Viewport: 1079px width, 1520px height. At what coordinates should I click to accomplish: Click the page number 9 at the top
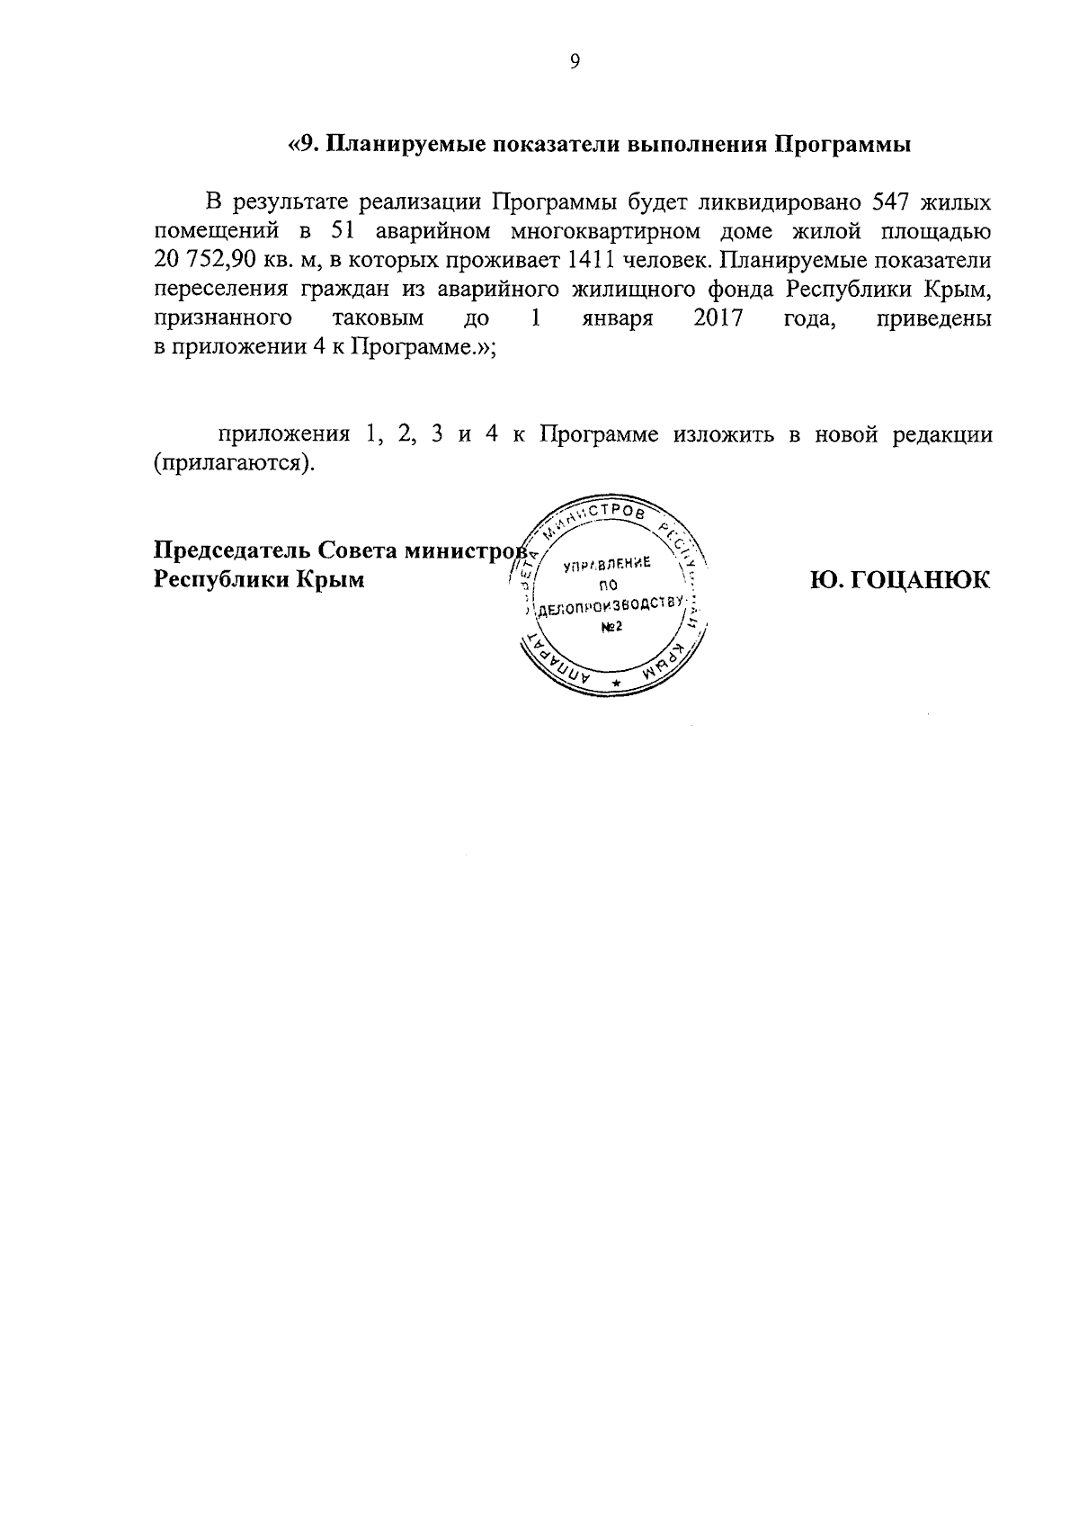[575, 61]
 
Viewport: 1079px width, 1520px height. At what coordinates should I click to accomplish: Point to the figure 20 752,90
[214, 261]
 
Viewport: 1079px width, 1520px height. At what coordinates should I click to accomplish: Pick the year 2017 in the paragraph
[718, 319]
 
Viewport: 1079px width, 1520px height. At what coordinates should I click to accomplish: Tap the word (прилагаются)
[236, 465]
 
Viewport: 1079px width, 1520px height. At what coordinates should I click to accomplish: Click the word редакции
[942, 435]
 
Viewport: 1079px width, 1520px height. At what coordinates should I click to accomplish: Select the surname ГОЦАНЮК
[900, 580]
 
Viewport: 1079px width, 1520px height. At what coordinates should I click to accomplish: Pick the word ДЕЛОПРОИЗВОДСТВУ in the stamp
[611, 606]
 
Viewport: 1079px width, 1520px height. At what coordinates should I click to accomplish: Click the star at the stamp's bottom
[615, 686]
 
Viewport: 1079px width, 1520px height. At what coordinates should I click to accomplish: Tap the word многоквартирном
[605, 231]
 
